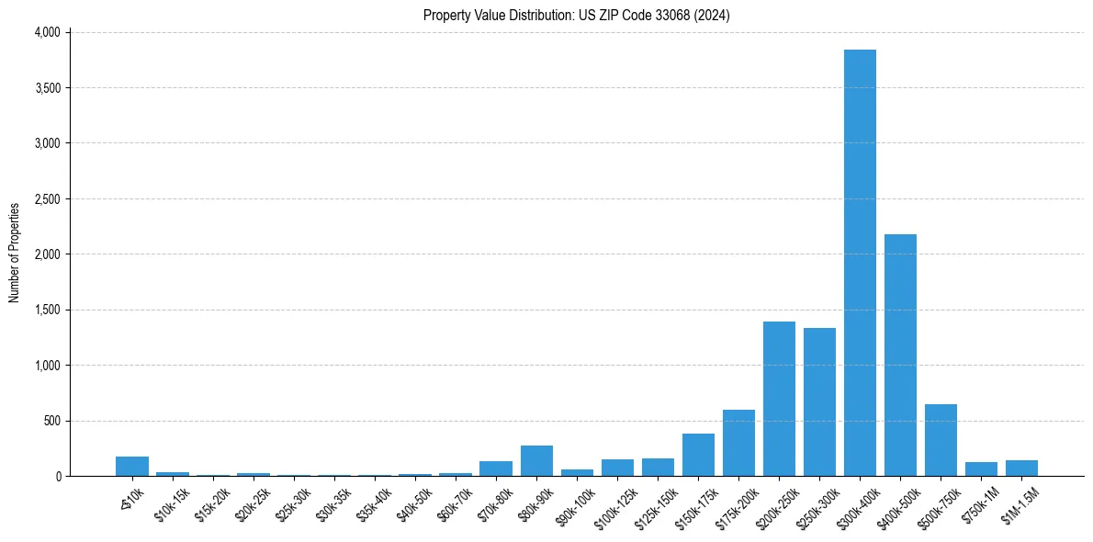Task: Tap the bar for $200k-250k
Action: tap(779, 399)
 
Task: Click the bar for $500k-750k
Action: tap(941, 440)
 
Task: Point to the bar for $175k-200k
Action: tap(738, 443)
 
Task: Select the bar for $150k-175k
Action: tap(698, 455)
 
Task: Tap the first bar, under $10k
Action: tap(132, 467)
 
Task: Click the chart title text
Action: tap(576, 15)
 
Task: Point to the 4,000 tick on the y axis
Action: tap(47, 32)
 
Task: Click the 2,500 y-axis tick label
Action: tap(47, 198)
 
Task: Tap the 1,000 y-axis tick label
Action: tap(47, 366)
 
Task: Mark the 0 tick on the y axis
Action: tap(57, 477)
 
